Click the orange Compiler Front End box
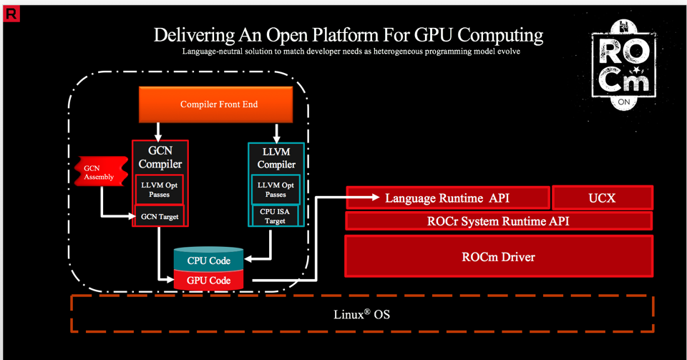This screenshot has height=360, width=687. pos(219,104)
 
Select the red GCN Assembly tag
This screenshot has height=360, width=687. pos(94,172)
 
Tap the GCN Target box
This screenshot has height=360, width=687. pos(160,216)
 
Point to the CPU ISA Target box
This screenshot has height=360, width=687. pos(276,215)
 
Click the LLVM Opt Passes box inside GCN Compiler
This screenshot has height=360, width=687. pos(160,190)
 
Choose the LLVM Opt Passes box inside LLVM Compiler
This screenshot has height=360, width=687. pos(276,190)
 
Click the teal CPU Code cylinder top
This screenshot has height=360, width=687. pos(208,260)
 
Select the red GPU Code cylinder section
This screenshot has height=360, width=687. pos(208,280)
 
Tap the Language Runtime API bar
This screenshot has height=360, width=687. pos(448,197)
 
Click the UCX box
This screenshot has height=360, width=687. pos(602,197)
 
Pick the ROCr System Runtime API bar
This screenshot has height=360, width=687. pos(498,220)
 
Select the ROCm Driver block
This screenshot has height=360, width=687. pos(498,256)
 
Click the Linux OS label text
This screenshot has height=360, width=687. pos(362,314)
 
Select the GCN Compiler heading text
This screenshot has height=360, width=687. pos(160,157)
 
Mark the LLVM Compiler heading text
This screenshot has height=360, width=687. pos(276,158)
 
